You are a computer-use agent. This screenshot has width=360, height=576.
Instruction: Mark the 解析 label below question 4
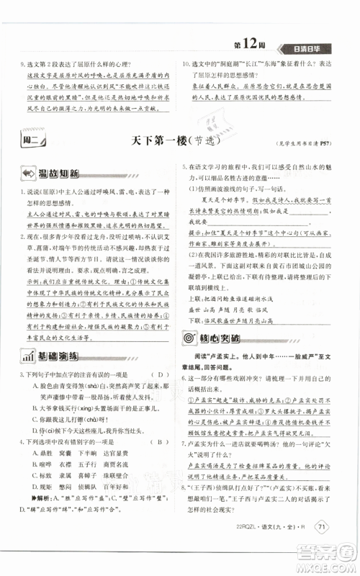pyautogui.click(x=38, y=517)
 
